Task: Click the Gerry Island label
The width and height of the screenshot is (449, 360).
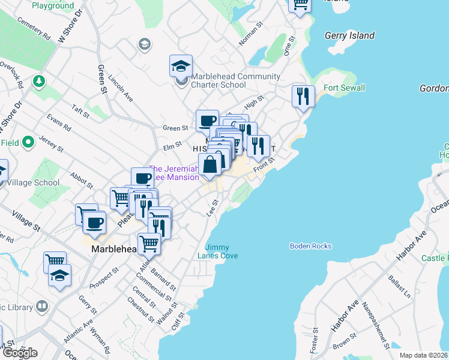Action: [x=349, y=36]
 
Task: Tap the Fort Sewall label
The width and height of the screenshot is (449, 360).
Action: [x=344, y=88]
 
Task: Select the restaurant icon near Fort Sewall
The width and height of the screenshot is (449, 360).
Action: [x=303, y=95]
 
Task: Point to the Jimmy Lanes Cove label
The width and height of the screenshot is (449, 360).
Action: [x=221, y=251]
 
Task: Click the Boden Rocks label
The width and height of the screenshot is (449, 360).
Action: [x=310, y=246]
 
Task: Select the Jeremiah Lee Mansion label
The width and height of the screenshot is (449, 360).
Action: [x=173, y=173]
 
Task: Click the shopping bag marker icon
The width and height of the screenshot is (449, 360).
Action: [x=210, y=164]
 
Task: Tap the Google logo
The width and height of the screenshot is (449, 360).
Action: [x=19, y=353]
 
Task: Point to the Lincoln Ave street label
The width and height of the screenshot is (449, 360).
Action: [x=121, y=88]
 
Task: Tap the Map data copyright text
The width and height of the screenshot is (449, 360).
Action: [x=424, y=355]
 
